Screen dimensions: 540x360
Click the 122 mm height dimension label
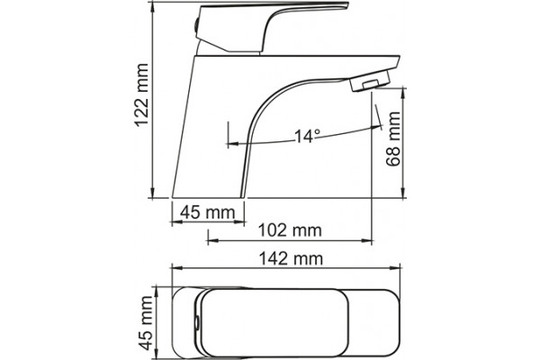142,95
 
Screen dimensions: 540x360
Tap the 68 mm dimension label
393,139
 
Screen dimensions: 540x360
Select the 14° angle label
308,137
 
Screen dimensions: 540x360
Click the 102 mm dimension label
290,230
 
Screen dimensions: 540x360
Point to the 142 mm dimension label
291,258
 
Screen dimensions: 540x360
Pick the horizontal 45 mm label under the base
208,212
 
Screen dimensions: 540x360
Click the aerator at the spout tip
370,81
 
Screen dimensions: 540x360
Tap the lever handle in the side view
272,28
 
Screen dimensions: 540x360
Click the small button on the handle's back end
196,26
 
